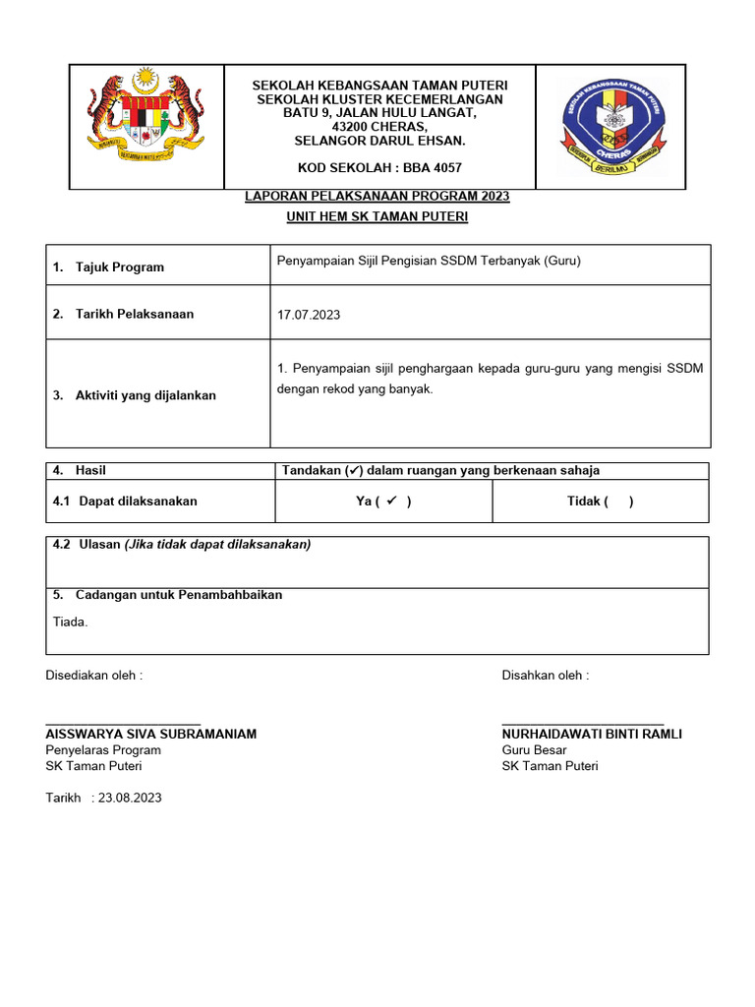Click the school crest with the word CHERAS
tap(610, 127)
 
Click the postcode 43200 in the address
tap(353, 127)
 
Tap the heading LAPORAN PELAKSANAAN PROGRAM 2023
tap(377, 197)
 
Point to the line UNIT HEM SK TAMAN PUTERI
tap(377, 216)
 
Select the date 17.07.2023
tap(309, 315)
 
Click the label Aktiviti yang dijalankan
tap(145, 395)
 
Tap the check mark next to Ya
tap(391, 501)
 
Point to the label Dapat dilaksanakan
tap(138, 502)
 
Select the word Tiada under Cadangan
tap(70, 622)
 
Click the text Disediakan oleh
tap(94, 676)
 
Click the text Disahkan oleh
tap(546, 676)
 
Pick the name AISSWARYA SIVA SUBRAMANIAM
tap(151, 735)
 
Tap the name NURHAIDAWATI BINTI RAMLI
tap(592, 735)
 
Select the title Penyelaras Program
tap(103, 750)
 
